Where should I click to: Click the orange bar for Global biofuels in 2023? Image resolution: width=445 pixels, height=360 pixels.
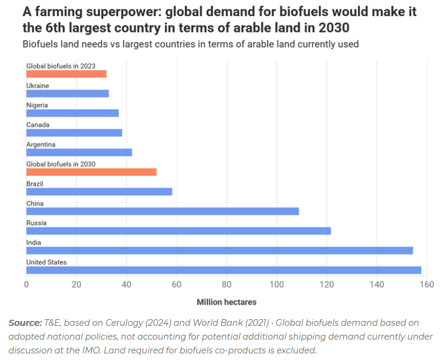[66, 74]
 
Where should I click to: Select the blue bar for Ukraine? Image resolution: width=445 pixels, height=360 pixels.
[67, 94]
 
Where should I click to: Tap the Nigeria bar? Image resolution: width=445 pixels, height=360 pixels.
[72, 113]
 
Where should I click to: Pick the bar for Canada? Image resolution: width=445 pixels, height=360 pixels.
[74, 133]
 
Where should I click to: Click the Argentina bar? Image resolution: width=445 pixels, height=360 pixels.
[79, 152]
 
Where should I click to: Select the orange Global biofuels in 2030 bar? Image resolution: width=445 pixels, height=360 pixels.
[91, 172]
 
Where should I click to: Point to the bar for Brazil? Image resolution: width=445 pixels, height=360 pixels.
[99, 191]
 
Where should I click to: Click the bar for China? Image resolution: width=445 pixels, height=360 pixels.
[162, 211]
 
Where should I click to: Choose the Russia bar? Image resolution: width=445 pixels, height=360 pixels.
[178, 231]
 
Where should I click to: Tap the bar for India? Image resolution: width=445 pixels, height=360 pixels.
[220, 250]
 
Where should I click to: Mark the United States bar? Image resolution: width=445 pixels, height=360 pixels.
[223, 270]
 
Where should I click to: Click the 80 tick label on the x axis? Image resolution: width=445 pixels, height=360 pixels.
[226, 284]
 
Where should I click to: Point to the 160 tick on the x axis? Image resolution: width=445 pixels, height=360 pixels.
[426, 284]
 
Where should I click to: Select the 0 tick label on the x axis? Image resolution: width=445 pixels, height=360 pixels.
[26, 284]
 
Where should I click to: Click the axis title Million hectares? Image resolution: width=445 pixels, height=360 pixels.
[226, 302]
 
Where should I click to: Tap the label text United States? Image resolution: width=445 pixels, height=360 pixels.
[46, 262]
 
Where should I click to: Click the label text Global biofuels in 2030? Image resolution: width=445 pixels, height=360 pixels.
[61, 164]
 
